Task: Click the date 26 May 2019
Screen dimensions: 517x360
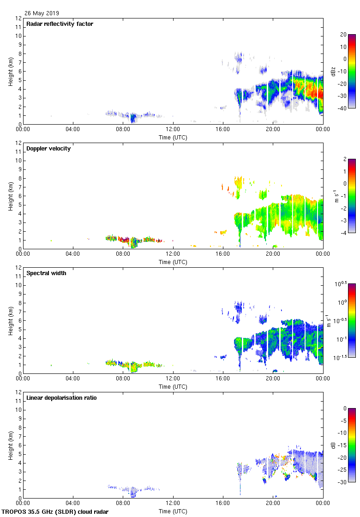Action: [42, 13]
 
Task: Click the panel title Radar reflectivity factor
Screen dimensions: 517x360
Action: [60, 24]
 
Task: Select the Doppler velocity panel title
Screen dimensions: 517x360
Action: [48, 149]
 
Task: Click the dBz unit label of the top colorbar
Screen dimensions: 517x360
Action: [333, 71]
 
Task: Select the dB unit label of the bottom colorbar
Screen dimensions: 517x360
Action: [333, 445]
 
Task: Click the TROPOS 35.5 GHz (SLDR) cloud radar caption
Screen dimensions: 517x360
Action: [55, 512]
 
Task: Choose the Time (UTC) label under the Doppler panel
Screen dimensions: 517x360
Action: [173, 262]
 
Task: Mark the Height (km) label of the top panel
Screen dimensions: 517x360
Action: [11, 71]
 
